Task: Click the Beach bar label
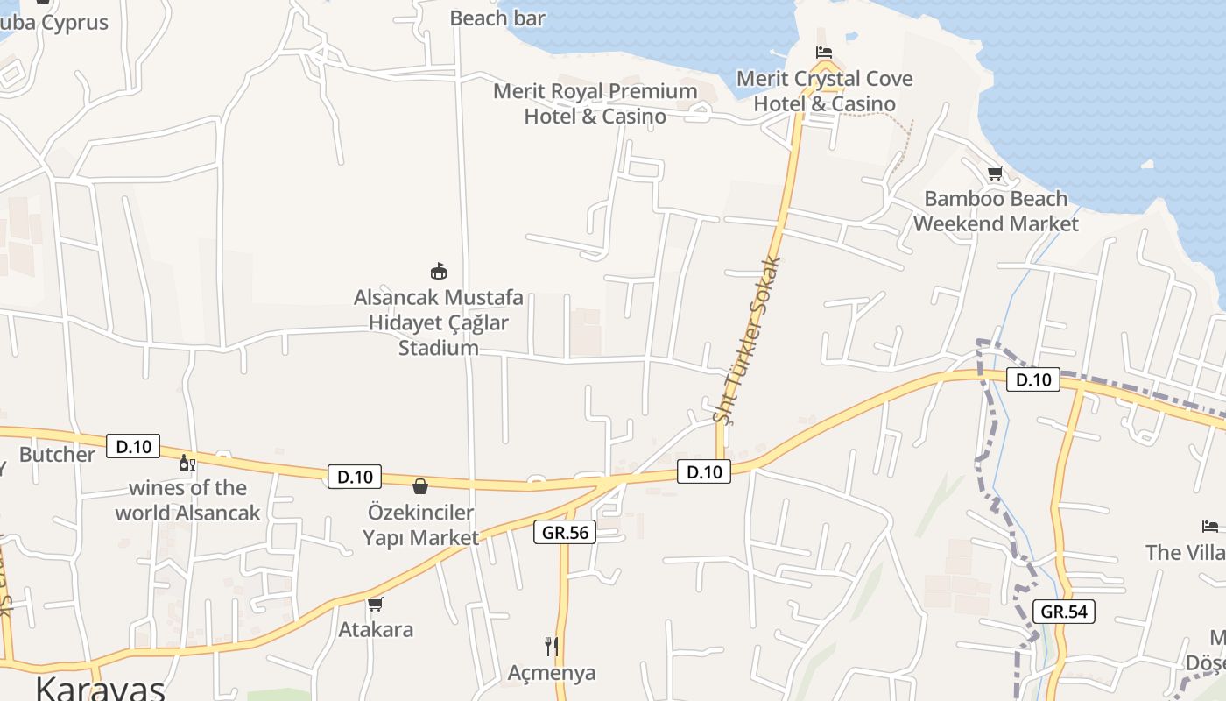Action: click(x=497, y=18)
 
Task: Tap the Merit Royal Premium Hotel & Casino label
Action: click(x=595, y=103)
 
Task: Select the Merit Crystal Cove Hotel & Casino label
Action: click(x=825, y=91)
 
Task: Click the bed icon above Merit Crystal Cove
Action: click(x=823, y=53)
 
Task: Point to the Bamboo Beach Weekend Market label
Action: click(x=997, y=211)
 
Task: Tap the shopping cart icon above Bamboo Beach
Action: click(x=995, y=173)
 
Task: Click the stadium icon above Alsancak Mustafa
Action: click(x=439, y=271)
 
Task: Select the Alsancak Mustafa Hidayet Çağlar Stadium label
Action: click(x=439, y=322)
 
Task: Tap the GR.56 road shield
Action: click(x=564, y=532)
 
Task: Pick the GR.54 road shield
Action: click(x=1064, y=611)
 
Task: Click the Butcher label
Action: click(x=57, y=454)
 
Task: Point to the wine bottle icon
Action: click(x=187, y=463)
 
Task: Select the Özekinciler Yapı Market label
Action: click(x=420, y=525)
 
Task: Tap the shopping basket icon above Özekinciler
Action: click(x=420, y=486)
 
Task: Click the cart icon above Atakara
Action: click(x=376, y=604)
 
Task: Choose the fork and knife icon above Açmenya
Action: click(x=552, y=647)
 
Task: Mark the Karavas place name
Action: click(x=100, y=688)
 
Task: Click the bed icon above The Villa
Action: click(x=1210, y=527)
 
